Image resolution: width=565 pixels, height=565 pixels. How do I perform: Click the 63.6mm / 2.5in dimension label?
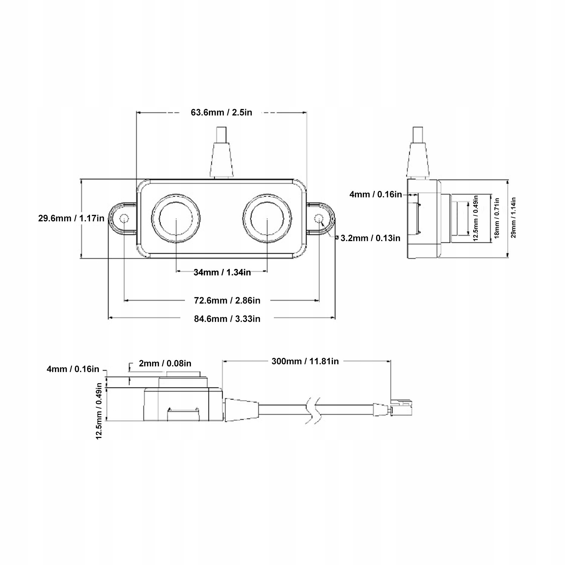tap(221, 113)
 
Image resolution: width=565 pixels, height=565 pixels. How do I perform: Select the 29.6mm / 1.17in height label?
tap(71, 218)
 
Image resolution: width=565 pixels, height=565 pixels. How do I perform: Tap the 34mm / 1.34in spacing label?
tap(222, 272)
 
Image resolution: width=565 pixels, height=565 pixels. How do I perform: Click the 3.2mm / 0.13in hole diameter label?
tap(371, 238)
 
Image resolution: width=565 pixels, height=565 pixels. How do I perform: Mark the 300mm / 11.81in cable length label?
tap(305, 361)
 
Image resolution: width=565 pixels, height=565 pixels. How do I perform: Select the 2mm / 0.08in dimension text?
tap(165, 363)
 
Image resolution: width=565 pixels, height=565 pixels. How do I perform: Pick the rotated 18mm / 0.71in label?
tap(497, 218)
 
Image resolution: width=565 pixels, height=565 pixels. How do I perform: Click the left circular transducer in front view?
tap(176, 218)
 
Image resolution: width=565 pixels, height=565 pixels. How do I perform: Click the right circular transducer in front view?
tap(267, 218)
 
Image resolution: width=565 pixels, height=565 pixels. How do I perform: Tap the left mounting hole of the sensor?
tap(124, 218)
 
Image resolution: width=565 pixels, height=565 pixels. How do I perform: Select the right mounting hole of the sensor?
tap(319, 218)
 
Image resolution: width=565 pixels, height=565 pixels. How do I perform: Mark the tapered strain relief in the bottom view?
tap(241, 409)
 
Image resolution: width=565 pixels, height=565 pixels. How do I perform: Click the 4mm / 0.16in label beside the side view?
tap(375, 194)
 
